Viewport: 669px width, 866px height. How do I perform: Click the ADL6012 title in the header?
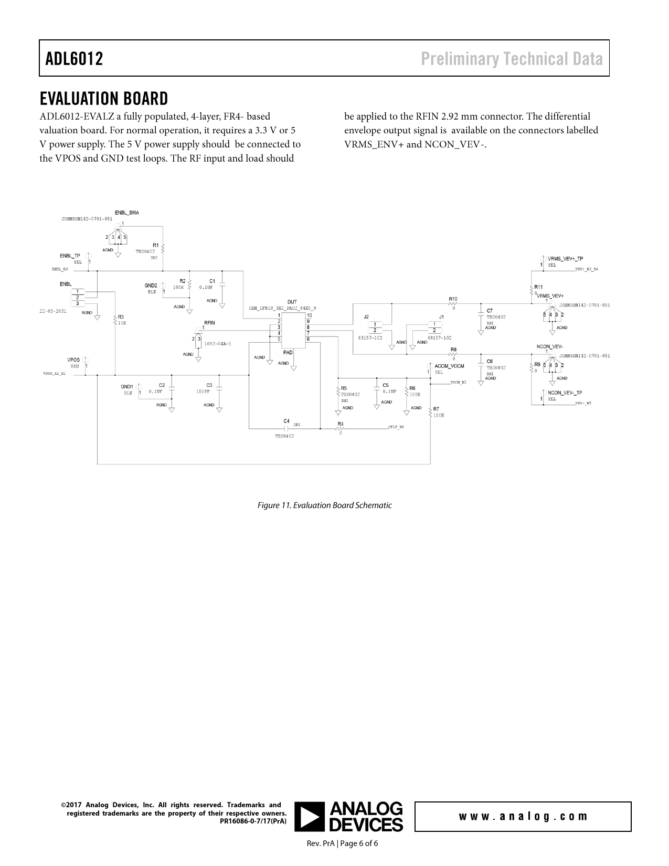pyautogui.click(x=74, y=59)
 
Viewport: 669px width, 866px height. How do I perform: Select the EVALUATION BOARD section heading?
pyautogui.click(x=104, y=99)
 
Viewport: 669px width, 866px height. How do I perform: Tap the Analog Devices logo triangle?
pyautogui.click(x=310, y=817)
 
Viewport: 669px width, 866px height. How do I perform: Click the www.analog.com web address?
pyautogui.click(x=523, y=817)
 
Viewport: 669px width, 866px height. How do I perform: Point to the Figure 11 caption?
pyautogui.click(x=324, y=505)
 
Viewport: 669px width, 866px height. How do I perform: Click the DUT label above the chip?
pyautogui.click(x=292, y=302)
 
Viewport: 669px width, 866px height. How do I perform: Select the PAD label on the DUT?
pyautogui.click(x=288, y=353)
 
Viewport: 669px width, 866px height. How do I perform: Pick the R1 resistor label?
pyautogui.click(x=156, y=245)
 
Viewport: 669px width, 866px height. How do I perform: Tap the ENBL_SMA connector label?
pyautogui.click(x=127, y=213)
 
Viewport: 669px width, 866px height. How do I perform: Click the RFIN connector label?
pyautogui.click(x=209, y=322)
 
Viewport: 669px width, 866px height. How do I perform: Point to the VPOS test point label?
pyautogui.click(x=73, y=360)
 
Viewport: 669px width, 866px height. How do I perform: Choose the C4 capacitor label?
pyautogui.click(x=286, y=421)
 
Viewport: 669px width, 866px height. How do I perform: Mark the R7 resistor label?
pyautogui.click(x=437, y=409)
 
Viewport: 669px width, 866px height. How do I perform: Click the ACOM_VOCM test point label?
pyautogui.click(x=449, y=366)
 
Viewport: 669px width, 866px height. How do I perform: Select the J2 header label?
pyautogui.click(x=366, y=316)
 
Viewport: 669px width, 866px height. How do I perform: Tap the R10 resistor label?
pyautogui.click(x=453, y=299)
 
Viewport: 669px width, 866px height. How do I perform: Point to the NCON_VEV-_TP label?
pyautogui.click(x=565, y=393)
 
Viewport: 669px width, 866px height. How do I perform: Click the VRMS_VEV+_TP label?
pyautogui.click(x=565, y=259)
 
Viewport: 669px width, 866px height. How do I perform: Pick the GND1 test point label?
pyautogui.click(x=126, y=386)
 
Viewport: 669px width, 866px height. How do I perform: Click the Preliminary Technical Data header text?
pyautogui.click(x=512, y=59)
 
